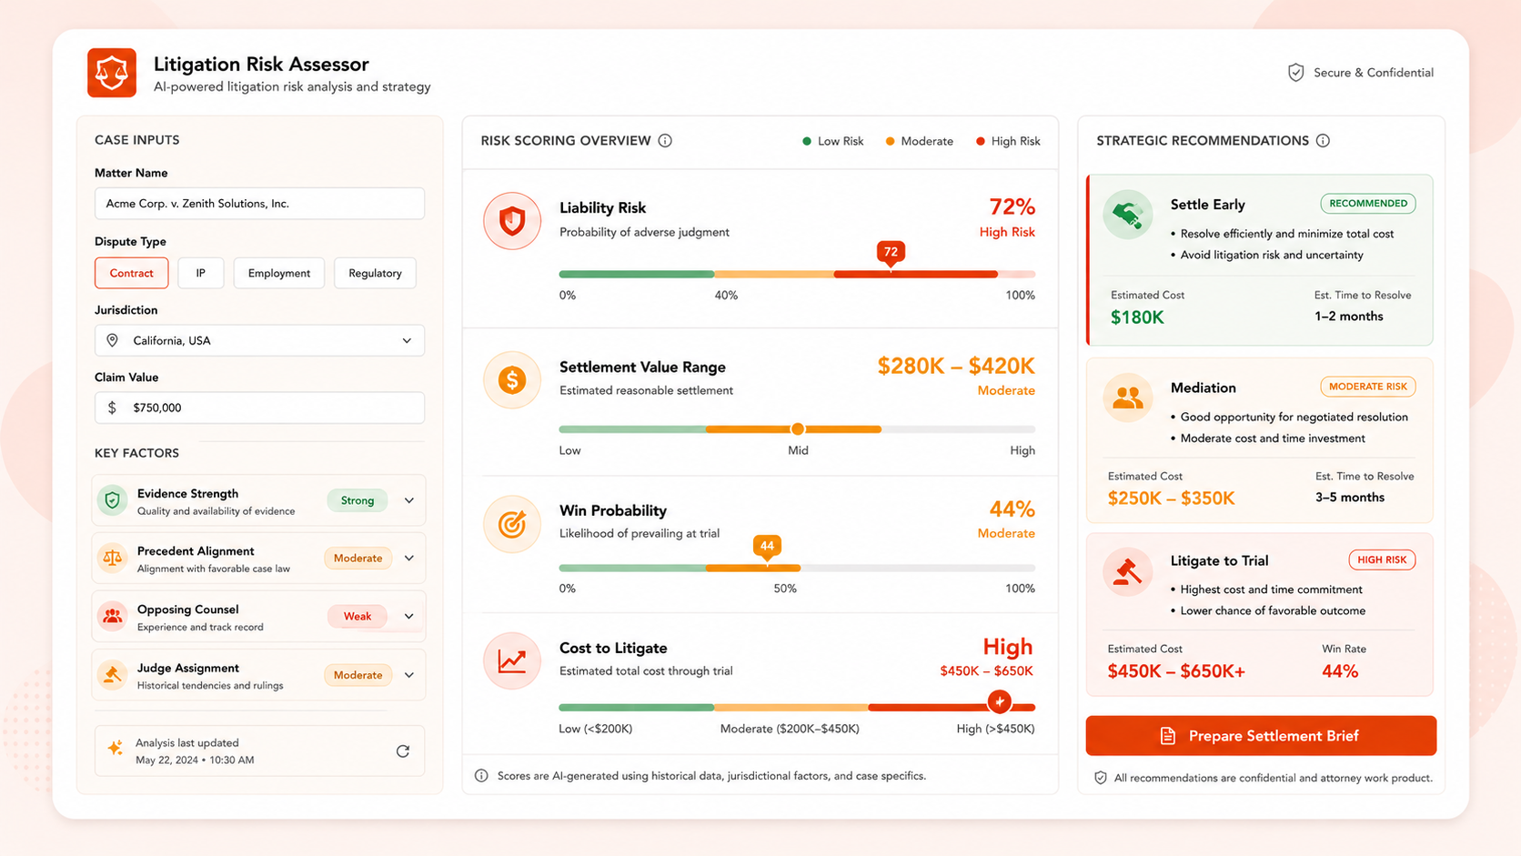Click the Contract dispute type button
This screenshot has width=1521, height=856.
point(131,273)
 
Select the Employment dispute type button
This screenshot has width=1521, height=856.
point(279,273)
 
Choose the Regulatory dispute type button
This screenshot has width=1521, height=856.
point(375,273)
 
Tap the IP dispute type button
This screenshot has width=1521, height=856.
point(200,273)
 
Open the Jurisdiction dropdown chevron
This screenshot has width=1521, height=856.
point(407,341)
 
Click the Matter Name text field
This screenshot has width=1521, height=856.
point(259,204)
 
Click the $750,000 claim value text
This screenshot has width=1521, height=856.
point(156,408)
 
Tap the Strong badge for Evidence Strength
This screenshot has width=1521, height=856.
point(358,500)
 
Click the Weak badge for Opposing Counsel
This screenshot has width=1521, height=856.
point(358,617)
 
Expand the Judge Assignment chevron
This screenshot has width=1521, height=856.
point(408,675)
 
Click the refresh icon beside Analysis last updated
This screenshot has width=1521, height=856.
point(403,750)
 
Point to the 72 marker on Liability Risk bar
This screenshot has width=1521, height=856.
point(891,253)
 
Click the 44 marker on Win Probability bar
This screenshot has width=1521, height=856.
point(767,547)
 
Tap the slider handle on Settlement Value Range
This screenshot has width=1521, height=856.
point(798,429)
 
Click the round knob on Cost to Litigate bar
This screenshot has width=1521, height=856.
point(999,702)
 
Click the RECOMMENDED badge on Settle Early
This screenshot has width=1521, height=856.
point(1367,204)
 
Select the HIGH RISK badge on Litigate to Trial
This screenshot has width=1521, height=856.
point(1382,560)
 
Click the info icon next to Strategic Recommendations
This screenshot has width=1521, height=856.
point(1323,140)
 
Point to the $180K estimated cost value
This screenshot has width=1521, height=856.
point(1137,317)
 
